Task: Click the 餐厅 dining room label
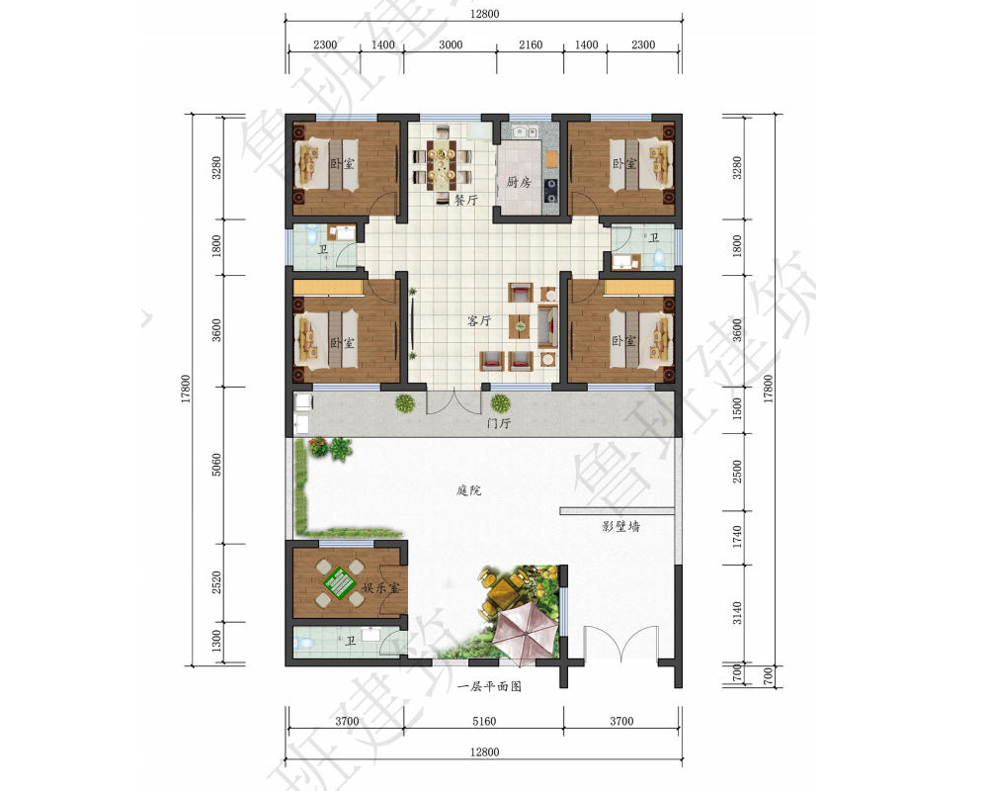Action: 466,200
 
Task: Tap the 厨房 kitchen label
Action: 519,182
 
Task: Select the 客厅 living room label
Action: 479,320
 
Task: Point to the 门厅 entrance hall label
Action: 498,423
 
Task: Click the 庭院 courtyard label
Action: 468,490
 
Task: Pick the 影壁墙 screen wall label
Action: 620,526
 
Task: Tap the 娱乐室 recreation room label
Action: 380,587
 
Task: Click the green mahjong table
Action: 340,582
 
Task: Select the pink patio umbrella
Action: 525,631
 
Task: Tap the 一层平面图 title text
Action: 490,686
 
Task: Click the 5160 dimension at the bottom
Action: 484,721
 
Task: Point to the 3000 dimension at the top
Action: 451,44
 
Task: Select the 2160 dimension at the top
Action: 531,44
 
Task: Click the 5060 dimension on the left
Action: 216,465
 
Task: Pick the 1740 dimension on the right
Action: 737,537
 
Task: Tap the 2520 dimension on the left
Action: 216,582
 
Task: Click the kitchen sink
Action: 525,132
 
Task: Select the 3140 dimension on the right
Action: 737,613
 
